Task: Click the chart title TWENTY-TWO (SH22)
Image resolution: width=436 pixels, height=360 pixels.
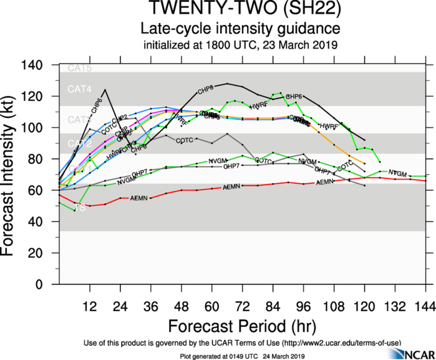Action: [x=240, y=11]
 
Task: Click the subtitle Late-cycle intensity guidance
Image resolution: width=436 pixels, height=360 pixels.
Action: [x=240, y=29]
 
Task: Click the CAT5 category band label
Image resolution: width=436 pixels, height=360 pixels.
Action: [x=79, y=69]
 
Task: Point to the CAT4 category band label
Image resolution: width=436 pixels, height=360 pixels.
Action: [x=79, y=90]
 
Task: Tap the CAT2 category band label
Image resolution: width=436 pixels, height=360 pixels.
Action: [x=79, y=144]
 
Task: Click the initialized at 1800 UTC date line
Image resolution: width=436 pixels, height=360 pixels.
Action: [x=240, y=45]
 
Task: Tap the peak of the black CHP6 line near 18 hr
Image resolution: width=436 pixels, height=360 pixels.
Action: [x=105, y=90]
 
